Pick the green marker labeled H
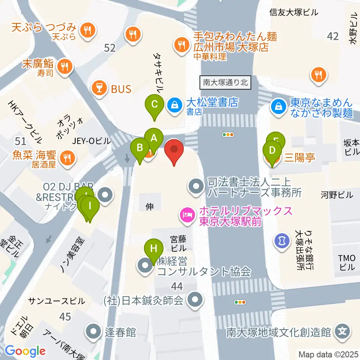click(x=154, y=249)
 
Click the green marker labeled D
click(x=273, y=151)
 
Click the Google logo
click(x=25, y=351)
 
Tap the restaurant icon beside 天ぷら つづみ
click(x=88, y=31)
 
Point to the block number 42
click(x=333, y=36)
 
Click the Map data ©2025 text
click(x=328, y=354)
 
